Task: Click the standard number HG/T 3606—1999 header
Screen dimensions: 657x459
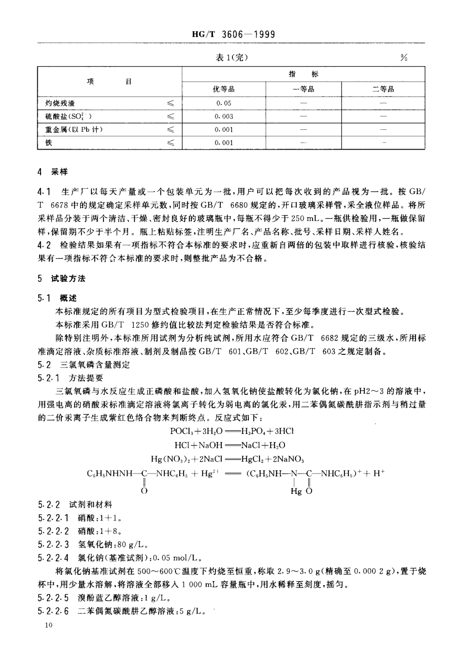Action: pos(233,34)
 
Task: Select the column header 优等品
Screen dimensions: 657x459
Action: pos(224,89)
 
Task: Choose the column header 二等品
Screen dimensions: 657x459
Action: pos(383,89)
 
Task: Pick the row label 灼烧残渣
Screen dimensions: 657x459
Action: pos(60,103)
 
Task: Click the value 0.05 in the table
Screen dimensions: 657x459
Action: pos(224,103)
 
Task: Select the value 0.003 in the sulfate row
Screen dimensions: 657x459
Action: pos(224,116)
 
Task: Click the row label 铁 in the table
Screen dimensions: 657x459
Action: pos(49,143)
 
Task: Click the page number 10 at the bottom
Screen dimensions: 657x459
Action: pos(47,625)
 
